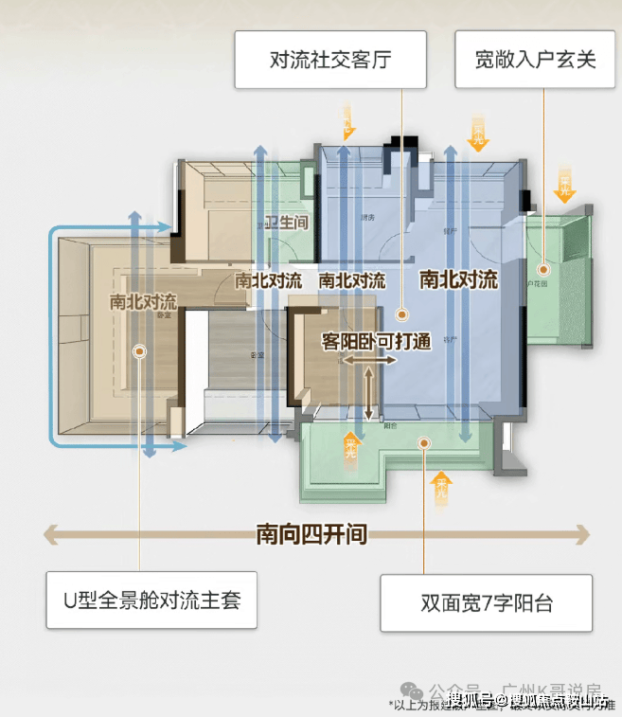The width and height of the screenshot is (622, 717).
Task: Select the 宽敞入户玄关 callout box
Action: click(x=536, y=60)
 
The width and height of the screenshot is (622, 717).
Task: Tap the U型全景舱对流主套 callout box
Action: click(x=151, y=600)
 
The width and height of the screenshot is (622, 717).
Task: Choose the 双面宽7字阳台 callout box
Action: click(x=487, y=602)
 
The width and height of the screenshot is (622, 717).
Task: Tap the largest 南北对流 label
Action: click(x=458, y=279)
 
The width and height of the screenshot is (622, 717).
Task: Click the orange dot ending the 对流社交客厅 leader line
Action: click(x=402, y=312)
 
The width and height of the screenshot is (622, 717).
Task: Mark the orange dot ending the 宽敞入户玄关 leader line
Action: click(x=542, y=266)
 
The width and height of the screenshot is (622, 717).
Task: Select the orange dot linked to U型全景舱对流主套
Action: click(x=139, y=351)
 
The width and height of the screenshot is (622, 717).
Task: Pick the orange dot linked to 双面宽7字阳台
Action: click(x=428, y=440)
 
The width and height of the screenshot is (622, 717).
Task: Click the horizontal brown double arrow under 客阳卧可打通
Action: click(x=369, y=361)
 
